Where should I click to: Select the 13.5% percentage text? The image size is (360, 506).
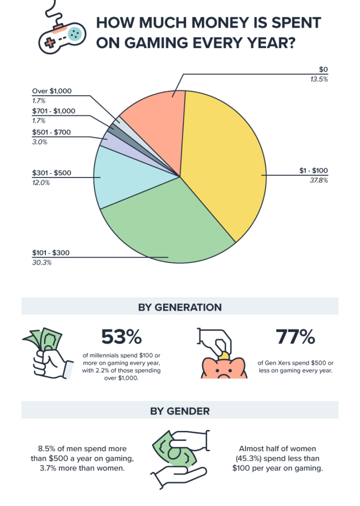coord(318,79)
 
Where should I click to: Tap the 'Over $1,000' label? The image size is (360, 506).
coord(52,91)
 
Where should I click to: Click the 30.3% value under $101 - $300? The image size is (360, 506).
coord(42,262)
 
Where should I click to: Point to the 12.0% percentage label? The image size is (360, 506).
coord(41,182)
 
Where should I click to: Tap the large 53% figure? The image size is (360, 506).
coord(122,337)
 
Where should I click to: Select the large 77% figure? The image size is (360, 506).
coord(295,337)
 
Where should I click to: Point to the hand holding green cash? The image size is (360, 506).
coord(48,353)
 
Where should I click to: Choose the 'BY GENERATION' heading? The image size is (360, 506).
coord(180,307)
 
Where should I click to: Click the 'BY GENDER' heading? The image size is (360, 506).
coord(180,411)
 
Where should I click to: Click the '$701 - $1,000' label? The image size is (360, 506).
coord(53,111)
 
